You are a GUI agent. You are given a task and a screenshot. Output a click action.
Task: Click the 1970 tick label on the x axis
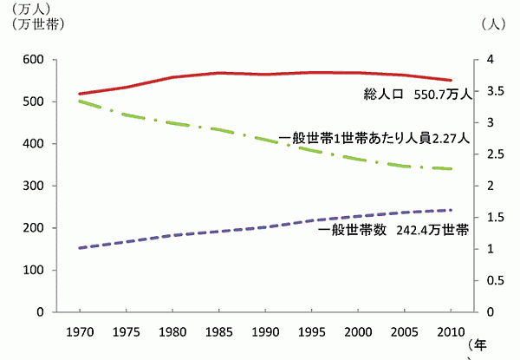pos(79,333)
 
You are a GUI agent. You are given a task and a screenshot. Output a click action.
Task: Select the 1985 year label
pos(220,333)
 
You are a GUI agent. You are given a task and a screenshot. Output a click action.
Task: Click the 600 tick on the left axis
pos(33,60)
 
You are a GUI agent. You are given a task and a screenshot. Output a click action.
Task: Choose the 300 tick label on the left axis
pos(33,187)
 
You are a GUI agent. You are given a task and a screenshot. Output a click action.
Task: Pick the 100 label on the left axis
pos(33,271)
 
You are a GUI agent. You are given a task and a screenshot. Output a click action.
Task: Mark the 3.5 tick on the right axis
pos(492,91)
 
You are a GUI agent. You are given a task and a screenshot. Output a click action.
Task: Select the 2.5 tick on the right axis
pos(492,154)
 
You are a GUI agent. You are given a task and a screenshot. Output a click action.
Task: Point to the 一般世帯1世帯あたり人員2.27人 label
pos(376,137)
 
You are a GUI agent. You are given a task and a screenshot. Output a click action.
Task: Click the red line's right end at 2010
pos(452,80)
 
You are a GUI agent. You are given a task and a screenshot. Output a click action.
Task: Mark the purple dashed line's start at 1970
pos(80,248)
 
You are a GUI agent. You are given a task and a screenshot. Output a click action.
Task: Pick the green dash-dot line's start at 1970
pos(80,101)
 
